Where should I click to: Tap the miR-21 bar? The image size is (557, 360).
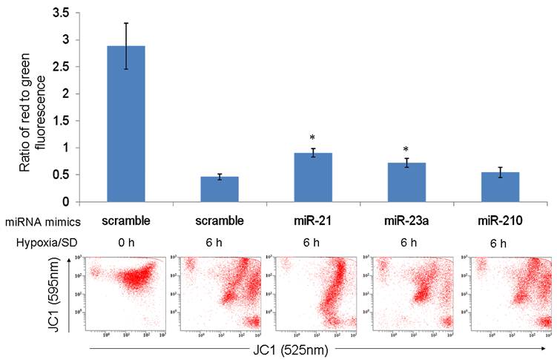click(312, 177)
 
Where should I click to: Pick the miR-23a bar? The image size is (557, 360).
click(406, 182)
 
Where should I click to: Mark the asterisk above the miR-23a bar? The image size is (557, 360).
click(406, 150)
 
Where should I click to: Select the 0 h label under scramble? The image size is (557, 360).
click(126, 243)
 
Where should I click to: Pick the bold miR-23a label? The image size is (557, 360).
click(406, 221)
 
